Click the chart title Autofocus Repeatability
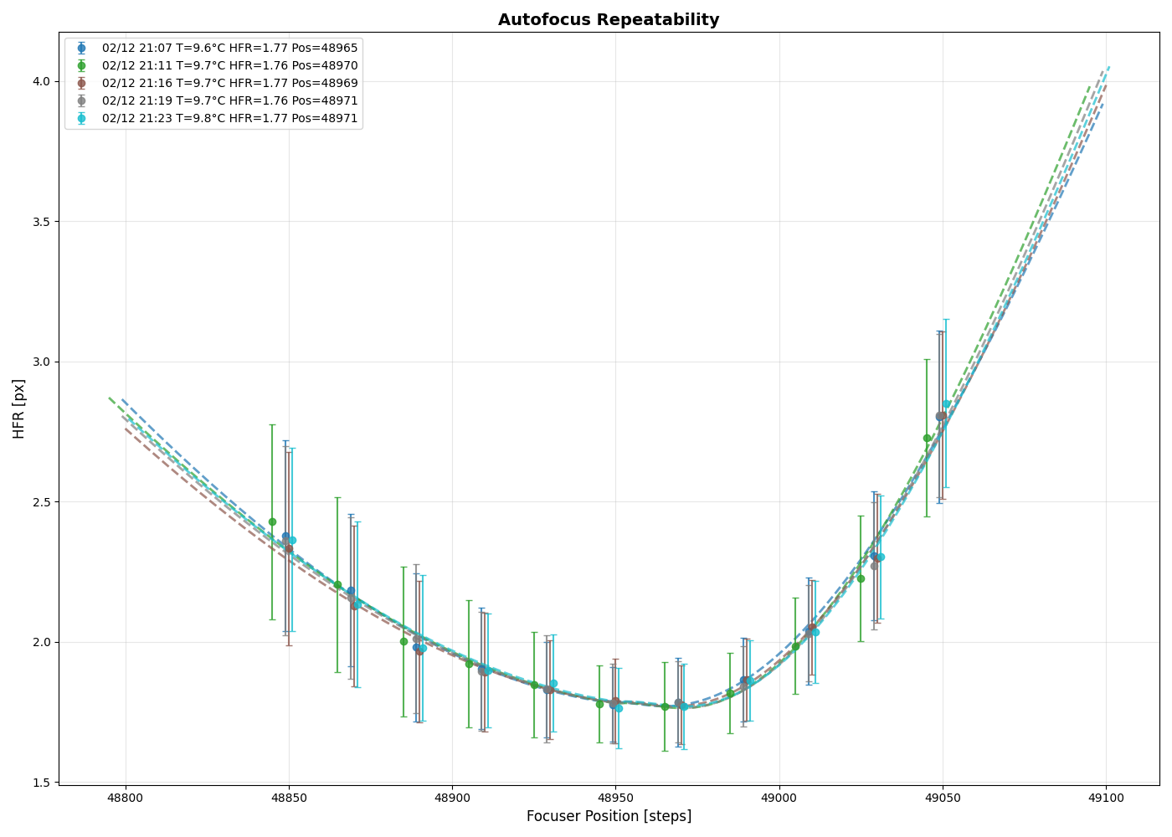pos(609,19)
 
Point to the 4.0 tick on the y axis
pos(41,81)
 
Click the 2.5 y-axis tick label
pos(41,502)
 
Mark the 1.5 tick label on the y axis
pos(41,783)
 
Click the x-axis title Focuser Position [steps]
pos(609,816)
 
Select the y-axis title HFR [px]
pos(19,408)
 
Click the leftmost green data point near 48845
pos(272,521)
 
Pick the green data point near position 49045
pos(927,438)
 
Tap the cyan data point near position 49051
pos(947,403)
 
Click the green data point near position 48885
pos(404,641)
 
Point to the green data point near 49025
pos(861,578)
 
